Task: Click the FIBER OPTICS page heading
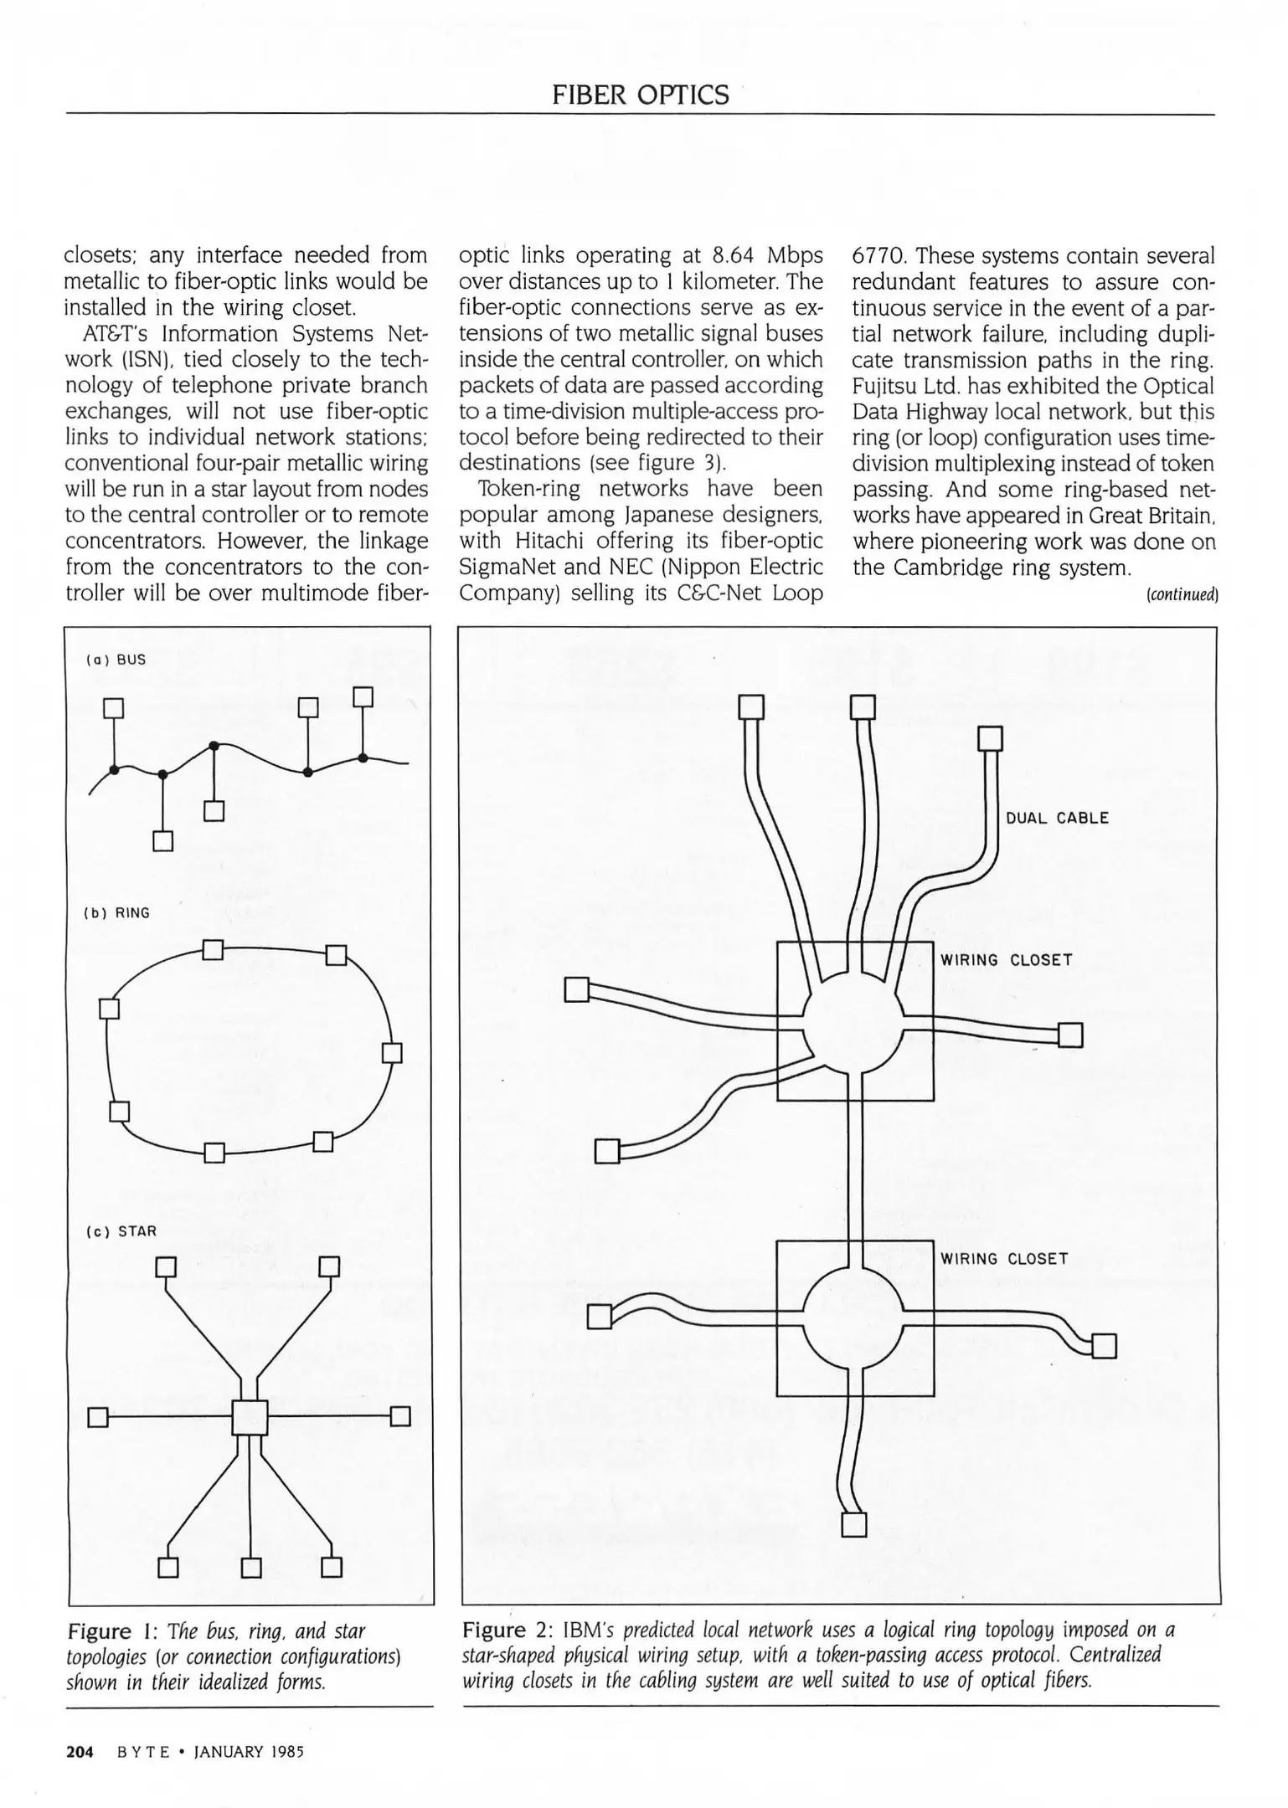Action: coord(641,95)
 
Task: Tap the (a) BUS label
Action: coord(116,660)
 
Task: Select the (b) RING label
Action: coord(118,912)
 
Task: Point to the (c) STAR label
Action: coord(121,1231)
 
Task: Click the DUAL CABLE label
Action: coord(1057,818)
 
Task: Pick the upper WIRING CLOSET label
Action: coord(1006,960)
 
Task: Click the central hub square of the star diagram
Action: coord(250,1417)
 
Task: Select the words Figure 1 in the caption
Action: coord(111,1631)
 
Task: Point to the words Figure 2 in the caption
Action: coord(507,1631)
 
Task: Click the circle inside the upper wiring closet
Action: coord(853,1021)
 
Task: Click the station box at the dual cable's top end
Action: coord(991,739)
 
